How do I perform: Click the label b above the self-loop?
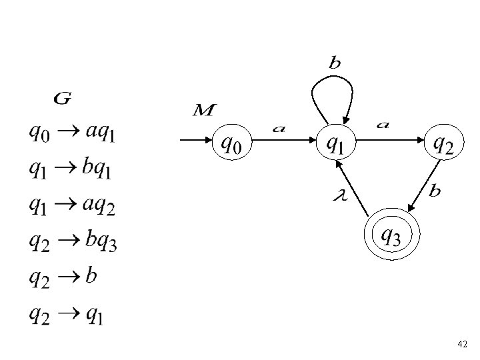[x=335, y=64]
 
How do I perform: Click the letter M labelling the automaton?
[x=203, y=109]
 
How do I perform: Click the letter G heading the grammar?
[x=62, y=99]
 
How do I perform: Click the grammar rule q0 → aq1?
[x=71, y=133]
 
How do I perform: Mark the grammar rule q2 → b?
[x=62, y=277]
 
